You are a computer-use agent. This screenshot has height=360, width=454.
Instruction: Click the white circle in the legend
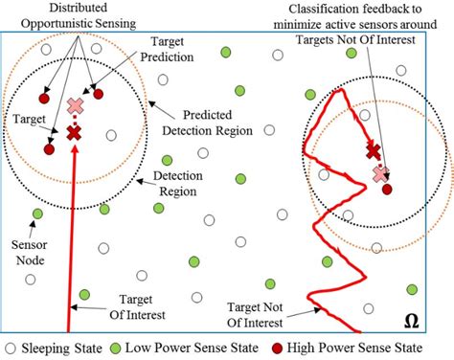click(x=11, y=348)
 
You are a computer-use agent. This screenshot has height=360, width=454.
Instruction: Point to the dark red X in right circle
click(x=374, y=149)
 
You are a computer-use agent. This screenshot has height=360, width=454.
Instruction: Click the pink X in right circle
click(x=380, y=173)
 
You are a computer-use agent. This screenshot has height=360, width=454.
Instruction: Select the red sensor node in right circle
click(x=387, y=190)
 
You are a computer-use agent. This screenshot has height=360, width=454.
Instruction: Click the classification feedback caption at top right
click(x=368, y=26)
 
